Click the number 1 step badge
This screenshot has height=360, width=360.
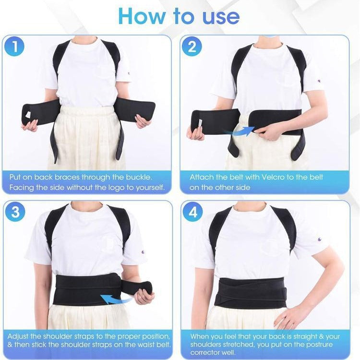14,46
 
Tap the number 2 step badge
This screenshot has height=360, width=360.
192,46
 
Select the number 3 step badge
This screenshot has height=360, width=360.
15,212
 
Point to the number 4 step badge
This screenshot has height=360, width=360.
193,212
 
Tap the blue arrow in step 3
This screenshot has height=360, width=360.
116,299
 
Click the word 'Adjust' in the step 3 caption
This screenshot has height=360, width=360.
18,336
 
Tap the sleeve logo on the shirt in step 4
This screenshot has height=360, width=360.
319,240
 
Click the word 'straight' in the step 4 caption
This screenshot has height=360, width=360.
302,337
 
